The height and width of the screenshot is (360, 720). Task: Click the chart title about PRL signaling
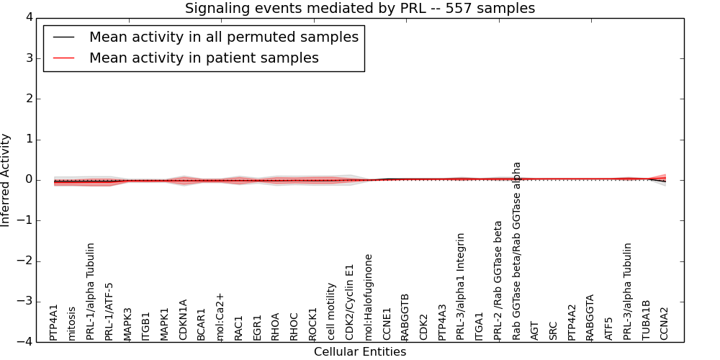coord(360,9)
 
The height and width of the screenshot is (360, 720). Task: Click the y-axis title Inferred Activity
coord(6,179)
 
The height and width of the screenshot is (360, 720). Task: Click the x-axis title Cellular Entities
coord(360,352)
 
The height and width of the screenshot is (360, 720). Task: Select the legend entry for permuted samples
coord(223,37)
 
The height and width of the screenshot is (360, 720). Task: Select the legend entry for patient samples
coord(204,58)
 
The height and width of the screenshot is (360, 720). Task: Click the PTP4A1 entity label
coord(54,322)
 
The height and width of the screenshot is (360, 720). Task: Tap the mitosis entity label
coord(72,323)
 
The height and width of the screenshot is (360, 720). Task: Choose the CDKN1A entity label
coord(184,319)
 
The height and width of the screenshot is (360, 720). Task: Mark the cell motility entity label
coord(332,311)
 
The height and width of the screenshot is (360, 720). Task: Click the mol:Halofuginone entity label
coord(369,297)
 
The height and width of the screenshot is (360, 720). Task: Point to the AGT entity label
coord(535,330)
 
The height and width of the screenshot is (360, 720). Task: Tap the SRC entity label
coord(554,330)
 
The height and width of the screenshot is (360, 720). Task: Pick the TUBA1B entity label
coord(647,320)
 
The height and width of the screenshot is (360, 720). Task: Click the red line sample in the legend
coord(63,58)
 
